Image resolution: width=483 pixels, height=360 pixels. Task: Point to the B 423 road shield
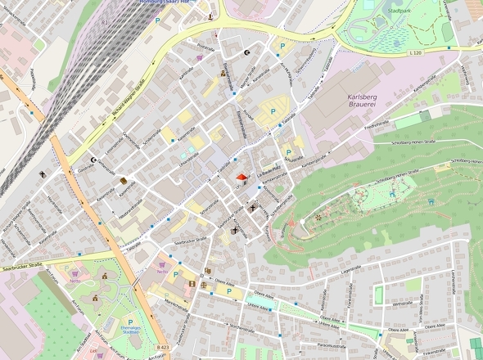tap(163, 347)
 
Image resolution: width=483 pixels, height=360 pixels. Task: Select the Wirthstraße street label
tap(402, 304)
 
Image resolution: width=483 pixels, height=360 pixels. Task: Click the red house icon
tap(241, 176)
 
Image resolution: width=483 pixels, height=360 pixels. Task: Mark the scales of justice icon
tap(42, 174)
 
